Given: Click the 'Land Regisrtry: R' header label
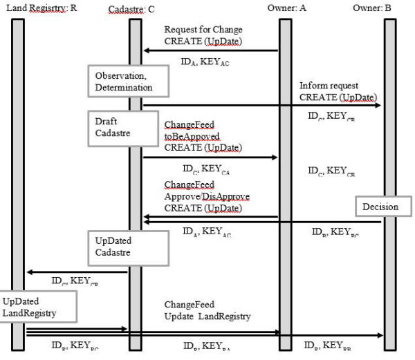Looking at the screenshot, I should point(41,8).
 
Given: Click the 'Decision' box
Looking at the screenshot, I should point(378,205).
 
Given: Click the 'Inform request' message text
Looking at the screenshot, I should point(329,85).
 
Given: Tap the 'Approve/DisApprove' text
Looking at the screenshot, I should point(207,196).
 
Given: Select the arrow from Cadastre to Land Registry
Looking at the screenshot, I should point(76,272).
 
